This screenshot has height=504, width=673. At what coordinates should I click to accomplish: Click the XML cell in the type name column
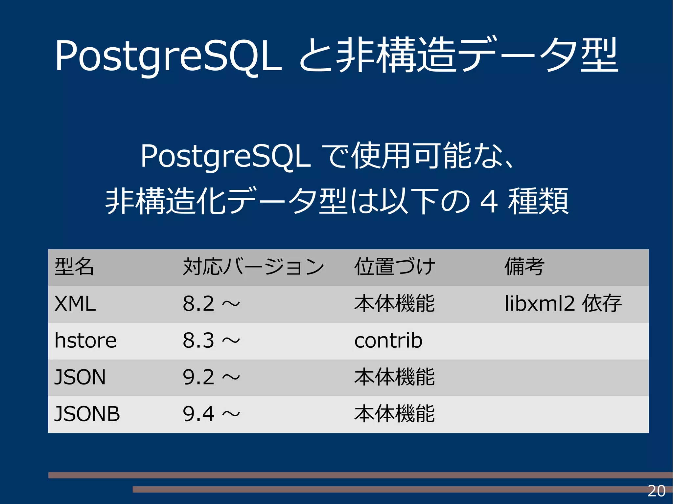point(75,304)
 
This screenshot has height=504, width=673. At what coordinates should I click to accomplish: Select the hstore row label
point(85,340)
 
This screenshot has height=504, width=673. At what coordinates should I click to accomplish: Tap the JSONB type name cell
point(87,414)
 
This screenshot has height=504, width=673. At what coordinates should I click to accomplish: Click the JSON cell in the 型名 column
point(80,377)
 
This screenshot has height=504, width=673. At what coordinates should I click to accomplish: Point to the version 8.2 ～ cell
point(211,304)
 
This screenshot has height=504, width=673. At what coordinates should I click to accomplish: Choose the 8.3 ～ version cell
point(211,340)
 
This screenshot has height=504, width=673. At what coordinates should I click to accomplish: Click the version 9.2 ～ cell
point(211,377)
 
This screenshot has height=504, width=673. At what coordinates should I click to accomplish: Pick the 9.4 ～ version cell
point(211,414)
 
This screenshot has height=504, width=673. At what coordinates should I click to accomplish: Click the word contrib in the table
point(388,340)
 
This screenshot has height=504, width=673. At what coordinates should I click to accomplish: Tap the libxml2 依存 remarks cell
point(563,304)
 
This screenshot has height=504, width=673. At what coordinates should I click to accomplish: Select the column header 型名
point(74,267)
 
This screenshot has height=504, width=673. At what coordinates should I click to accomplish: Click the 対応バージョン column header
point(253,267)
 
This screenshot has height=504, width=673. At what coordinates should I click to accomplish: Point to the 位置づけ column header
point(395,267)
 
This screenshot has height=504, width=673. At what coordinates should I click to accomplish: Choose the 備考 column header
point(524,267)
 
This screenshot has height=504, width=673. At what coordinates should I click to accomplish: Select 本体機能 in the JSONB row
point(394,414)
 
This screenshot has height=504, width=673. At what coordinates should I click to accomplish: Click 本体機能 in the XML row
point(394,304)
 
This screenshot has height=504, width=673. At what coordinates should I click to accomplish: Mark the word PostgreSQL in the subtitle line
point(225,157)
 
